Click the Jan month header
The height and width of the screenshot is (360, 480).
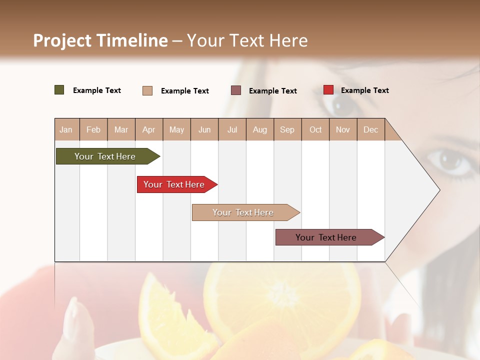coord(66,129)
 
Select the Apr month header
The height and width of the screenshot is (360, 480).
coord(148,129)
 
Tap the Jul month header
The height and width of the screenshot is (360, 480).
coord(232,129)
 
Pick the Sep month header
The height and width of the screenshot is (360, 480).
coord(287,129)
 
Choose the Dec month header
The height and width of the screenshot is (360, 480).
coord(370,129)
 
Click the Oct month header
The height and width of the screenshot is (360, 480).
coord(315,129)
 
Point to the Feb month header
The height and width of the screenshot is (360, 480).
coord(93,129)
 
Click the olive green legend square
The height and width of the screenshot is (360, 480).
coord(59,90)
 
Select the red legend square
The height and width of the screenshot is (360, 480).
coord(328,90)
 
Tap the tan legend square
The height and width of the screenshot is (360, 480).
coord(147,90)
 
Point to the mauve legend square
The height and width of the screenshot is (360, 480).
coord(236,90)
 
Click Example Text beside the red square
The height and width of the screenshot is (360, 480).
coord(364,90)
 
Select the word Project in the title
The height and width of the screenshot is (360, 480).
coord(62,40)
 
